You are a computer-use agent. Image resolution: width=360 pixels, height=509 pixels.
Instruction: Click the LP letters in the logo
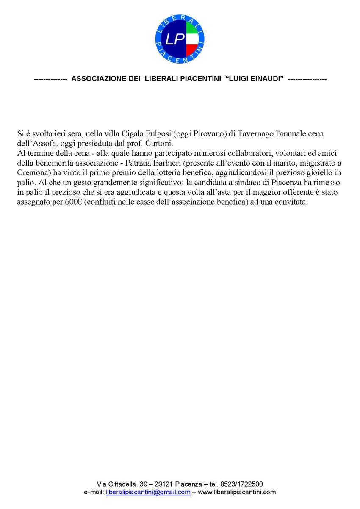click(x=175, y=40)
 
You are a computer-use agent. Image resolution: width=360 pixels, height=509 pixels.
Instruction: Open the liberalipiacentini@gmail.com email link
click(x=148, y=492)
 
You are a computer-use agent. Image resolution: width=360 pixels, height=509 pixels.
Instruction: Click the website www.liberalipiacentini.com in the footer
click(x=237, y=492)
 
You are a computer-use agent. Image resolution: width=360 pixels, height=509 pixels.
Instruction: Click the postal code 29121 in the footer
click(x=163, y=484)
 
